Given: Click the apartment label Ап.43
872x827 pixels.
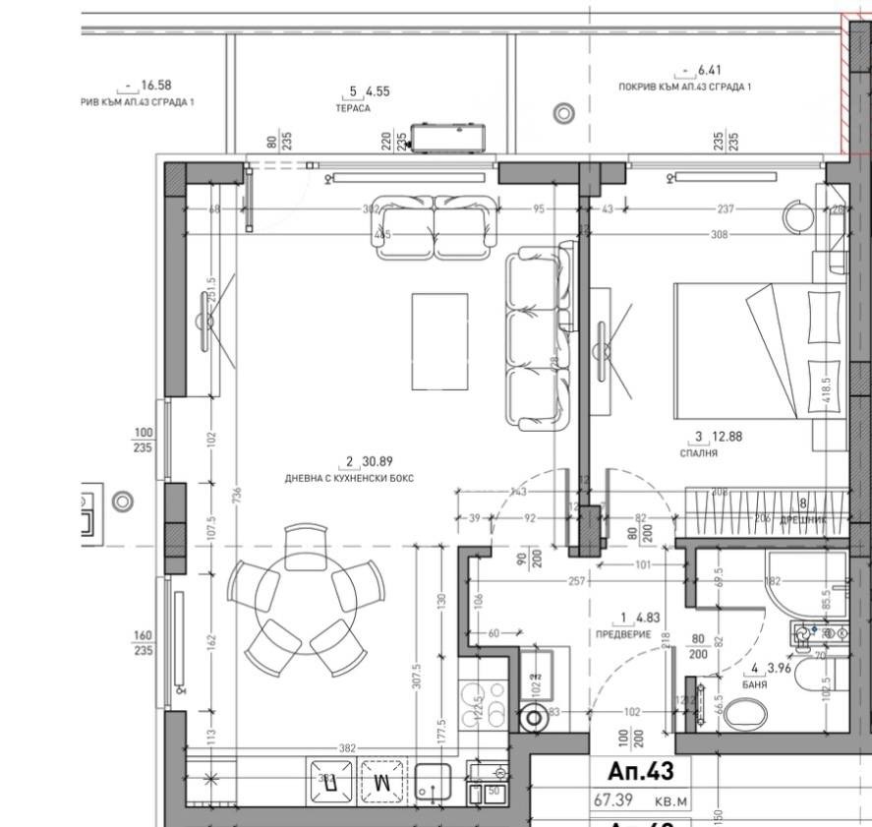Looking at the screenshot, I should tap(634, 770).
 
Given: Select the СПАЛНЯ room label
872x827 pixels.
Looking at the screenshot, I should tap(698, 454).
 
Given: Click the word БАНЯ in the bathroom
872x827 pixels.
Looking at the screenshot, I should tap(756, 684).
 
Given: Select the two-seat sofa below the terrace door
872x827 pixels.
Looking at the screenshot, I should tap(433, 226).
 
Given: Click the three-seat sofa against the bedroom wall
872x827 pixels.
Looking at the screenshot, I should tap(537, 339).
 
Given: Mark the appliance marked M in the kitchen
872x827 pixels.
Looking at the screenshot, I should tap(382, 782).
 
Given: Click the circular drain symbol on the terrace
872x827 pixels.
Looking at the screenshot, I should tap(563, 113).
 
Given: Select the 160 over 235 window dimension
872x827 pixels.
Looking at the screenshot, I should tap(143, 643).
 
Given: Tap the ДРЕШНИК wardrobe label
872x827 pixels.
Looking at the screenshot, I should tap(804, 517).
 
